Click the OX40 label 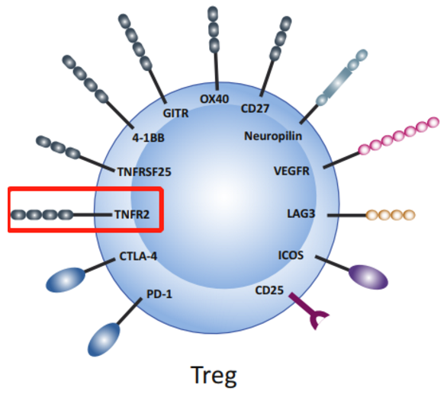(x=214, y=99)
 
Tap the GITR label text (x=175, y=114)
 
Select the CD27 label (x=255, y=108)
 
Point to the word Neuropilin (x=273, y=136)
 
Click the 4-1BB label (x=148, y=138)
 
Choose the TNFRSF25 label (x=144, y=172)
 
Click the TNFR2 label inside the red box (x=132, y=214)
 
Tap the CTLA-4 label (x=138, y=256)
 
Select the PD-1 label (x=159, y=294)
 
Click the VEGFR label (x=291, y=171)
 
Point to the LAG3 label (x=301, y=213)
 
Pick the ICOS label (x=291, y=255)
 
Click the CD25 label (x=269, y=290)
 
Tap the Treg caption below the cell (x=214, y=376)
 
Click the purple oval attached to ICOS (x=368, y=277)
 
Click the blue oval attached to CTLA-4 (x=66, y=280)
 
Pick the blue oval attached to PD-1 (x=104, y=340)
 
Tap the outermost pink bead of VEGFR (x=433, y=122)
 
